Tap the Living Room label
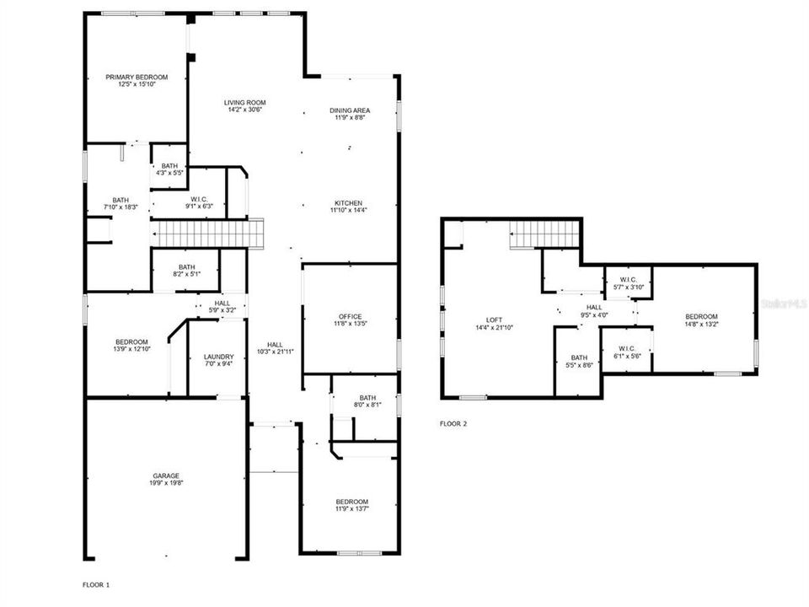[245, 103]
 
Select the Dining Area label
[350, 110]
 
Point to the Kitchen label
[349, 203]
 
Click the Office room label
[350, 316]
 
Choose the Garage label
[166, 475]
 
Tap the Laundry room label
[218, 357]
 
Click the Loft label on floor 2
[494, 320]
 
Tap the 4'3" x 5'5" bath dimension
[170, 173]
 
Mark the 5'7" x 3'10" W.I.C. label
[627, 287]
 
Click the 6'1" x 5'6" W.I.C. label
[626, 357]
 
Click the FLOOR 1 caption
[96, 584]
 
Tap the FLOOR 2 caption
[453, 424]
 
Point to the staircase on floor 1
[206, 233]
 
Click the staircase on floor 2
[544, 234]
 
